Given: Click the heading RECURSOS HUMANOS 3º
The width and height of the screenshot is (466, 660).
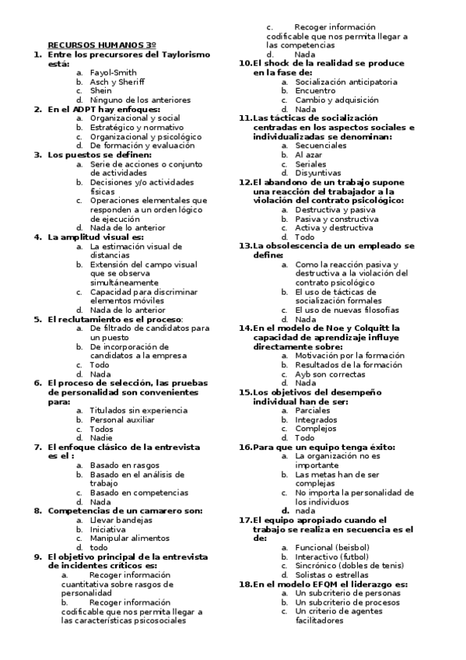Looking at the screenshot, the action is point(102,46).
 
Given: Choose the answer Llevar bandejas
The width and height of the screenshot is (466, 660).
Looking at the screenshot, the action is point(121,519).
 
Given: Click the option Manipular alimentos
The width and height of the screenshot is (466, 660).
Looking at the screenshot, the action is point(128,538).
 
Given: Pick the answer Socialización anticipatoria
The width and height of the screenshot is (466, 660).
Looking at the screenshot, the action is point(346,82).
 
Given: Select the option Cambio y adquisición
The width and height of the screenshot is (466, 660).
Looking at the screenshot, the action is point(337,100).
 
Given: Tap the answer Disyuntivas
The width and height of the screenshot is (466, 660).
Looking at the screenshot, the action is point(318,173).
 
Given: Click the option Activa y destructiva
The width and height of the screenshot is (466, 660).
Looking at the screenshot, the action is point(334,228).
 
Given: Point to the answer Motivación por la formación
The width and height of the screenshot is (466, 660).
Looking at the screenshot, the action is point(349,355).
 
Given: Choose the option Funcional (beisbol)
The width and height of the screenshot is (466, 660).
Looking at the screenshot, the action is point(332,547).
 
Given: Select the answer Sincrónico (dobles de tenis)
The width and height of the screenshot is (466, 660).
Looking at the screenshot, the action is point(349,565).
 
